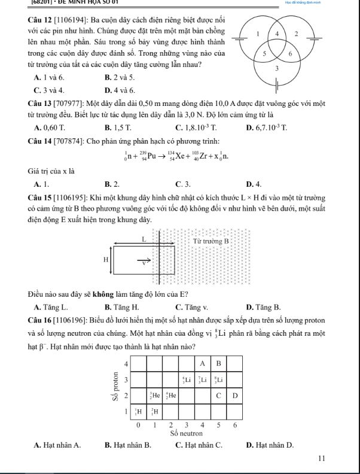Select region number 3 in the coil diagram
coord(276,69)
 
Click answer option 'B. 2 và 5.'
coord(119,78)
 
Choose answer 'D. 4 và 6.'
coord(119,90)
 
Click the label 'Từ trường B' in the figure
coord(212,241)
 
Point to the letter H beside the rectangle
coord(106,260)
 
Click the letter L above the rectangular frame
coord(144,239)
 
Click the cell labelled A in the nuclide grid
coord(202,363)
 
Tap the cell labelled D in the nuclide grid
coord(234,396)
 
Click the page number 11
coord(322,458)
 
